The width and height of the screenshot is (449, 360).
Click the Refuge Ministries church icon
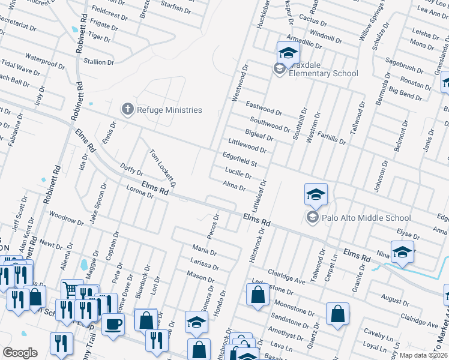[x=127, y=109]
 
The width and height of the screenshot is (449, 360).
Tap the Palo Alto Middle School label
[x=366, y=218]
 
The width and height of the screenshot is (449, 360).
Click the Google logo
[x=20, y=353]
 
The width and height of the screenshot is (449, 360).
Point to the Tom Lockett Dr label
[x=163, y=166]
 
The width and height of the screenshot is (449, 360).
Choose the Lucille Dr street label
[x=237, y=173]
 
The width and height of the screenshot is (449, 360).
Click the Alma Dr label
[x=234, y=186]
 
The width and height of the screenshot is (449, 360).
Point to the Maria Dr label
[x=204, y=248]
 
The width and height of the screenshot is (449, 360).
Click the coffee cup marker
[x=112, y=325]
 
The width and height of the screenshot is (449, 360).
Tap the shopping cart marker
[x=71, y=289]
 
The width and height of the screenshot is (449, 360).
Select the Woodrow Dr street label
[x=65, y=217]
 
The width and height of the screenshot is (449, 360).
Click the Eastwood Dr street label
[x=264, y=108]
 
